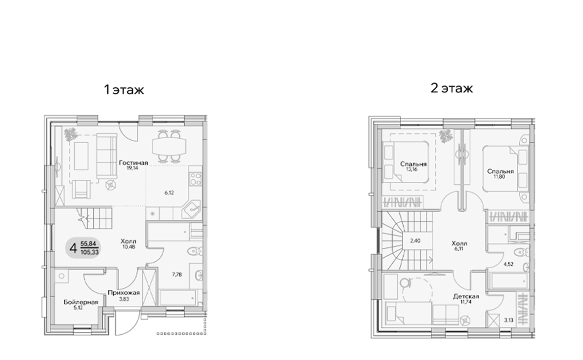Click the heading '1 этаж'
[123, 90]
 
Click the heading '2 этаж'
[452, 88]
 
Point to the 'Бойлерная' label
[81, 302]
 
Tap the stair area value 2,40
[416, 241]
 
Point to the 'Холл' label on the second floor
[459, 244]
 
